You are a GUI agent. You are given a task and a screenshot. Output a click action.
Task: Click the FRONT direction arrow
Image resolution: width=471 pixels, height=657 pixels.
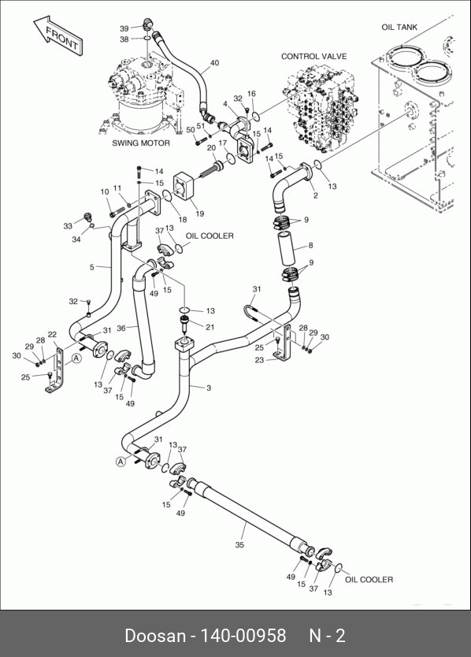coord(57,35)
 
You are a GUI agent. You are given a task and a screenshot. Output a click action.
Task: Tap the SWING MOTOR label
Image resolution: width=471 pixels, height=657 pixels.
coord(141,143)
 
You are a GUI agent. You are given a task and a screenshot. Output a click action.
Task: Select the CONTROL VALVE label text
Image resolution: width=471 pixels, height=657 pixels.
coord(313,56)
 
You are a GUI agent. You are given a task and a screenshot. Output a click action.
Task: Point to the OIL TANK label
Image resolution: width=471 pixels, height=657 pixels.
coord(399,28)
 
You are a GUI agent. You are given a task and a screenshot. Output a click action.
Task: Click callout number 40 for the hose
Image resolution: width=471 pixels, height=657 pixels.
coord(214,63)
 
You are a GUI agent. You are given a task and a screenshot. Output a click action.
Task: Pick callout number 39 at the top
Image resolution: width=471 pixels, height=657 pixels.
coord(124,28)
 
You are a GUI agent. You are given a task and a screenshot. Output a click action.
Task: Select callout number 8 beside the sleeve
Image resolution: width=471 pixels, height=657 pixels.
coord(310,245)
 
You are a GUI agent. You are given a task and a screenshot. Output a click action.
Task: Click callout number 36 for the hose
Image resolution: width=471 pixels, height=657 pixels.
coord(121,328)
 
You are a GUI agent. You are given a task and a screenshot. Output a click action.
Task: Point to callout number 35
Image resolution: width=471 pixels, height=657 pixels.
coord(239,544)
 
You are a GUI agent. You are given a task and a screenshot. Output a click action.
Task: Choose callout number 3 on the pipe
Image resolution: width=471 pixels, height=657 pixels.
coord(209,388)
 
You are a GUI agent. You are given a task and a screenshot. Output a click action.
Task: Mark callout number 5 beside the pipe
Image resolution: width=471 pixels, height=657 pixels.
coord(92,267)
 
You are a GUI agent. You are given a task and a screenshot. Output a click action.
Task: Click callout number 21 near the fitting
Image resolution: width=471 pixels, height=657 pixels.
coord(210,327)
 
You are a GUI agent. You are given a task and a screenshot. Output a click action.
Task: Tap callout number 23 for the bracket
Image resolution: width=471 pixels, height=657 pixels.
coord(260,360)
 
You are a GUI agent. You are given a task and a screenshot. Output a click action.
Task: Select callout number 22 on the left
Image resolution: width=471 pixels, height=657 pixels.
coord(52,334)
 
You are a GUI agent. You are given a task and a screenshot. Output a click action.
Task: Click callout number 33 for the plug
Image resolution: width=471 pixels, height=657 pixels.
coord(68,226)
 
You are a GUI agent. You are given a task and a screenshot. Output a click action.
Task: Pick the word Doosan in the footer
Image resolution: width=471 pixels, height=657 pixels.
coord(155,636)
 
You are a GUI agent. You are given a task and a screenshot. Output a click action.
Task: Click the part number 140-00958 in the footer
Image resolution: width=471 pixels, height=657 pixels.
coord(243,636)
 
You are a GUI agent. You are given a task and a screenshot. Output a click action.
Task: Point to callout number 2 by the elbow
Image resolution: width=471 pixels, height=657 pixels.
coord(316,195)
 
